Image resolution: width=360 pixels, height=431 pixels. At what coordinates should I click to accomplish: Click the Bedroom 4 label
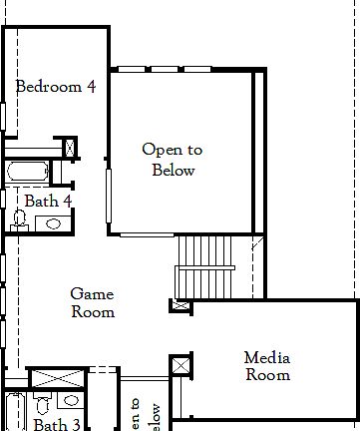(56, 87)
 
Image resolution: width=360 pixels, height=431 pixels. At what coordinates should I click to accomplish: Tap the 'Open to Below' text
(173, 160)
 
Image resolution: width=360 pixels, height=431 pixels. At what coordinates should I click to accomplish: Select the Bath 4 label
(48, 201)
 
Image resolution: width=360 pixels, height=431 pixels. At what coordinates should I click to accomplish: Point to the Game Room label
(93, 302)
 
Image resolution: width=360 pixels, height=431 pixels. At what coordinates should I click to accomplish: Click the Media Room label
(267, 366)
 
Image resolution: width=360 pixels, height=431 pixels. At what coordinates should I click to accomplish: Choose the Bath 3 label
(56, 424)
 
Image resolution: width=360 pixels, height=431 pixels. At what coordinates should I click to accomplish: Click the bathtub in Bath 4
(28, 171)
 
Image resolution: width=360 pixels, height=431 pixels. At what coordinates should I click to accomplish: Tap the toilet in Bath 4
(19, 219)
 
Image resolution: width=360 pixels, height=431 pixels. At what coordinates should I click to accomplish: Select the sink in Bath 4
(53, 222)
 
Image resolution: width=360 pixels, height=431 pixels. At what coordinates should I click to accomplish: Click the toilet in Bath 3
(42, 405)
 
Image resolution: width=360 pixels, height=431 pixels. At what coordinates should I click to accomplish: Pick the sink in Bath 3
(70, 401)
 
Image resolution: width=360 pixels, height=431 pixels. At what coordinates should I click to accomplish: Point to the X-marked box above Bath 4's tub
(71, 149)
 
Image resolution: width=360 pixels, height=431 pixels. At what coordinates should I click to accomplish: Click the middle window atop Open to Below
(165, 69)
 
